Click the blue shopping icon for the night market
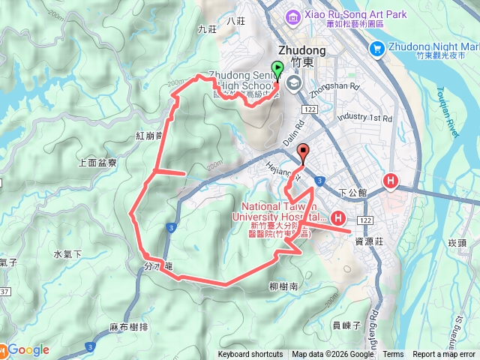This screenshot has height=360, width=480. [x=377, y=49]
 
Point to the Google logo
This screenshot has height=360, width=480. [x=28, y=349]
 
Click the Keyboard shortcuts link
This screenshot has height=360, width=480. [x=250, y=355]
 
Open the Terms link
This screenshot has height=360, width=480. [x=393, y=355]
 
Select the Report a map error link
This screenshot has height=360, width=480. [x=444, y=355]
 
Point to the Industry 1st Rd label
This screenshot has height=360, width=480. [x=365, y=118]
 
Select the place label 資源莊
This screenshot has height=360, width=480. [x=370, y=241]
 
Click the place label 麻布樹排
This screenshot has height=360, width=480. [x=128, y=327]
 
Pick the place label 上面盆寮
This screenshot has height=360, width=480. [x=97, y=162]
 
